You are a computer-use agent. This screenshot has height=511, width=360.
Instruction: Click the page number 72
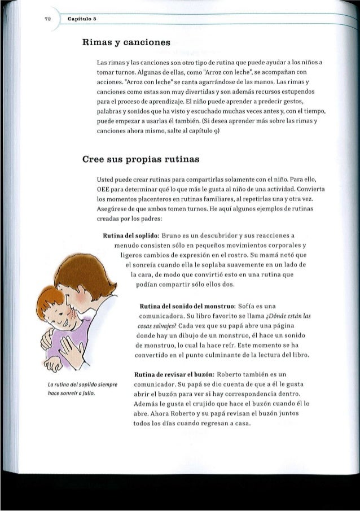[x=49, y=19]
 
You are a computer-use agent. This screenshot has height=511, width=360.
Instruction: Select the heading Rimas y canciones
[x=120, y=41]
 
